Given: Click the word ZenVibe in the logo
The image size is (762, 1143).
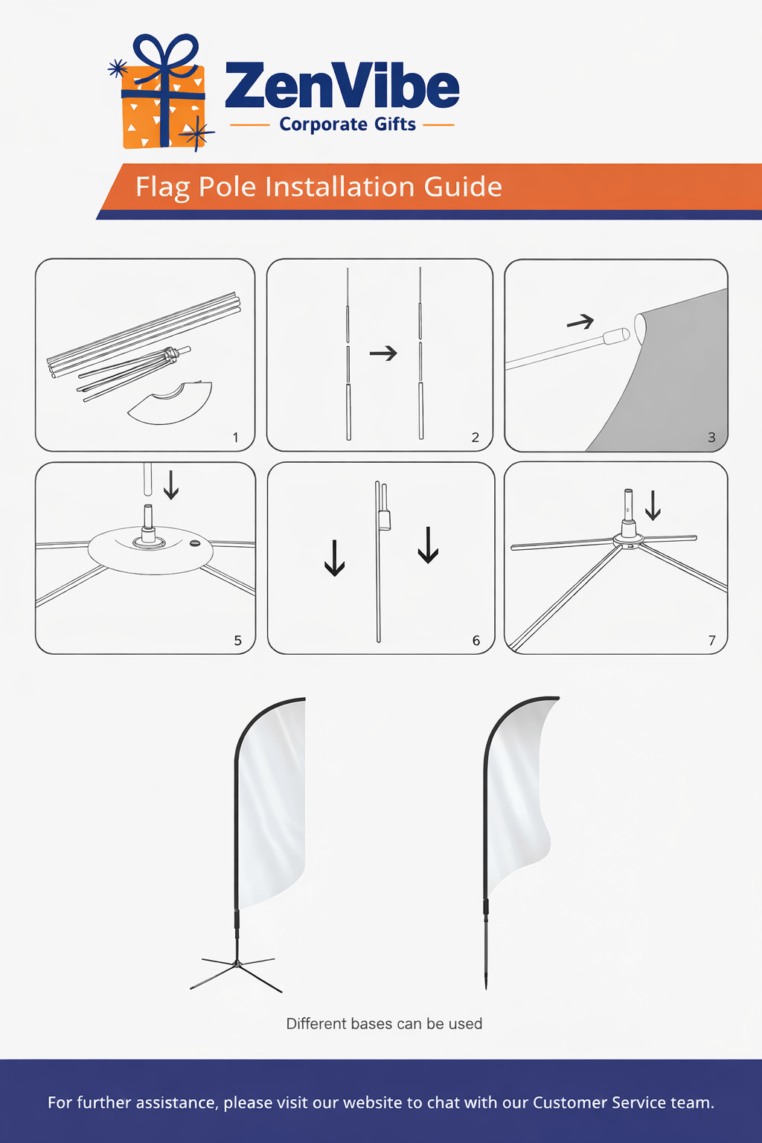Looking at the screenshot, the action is click(342, 85).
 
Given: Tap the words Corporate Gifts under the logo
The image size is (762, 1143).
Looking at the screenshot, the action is click(348, 124).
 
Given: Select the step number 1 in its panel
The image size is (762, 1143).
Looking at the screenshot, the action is click(235, 438).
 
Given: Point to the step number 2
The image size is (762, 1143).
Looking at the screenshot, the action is click(476, 438).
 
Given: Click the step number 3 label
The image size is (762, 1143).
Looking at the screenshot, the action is click(711, 438).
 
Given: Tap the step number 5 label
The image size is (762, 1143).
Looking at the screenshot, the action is click(237, 641).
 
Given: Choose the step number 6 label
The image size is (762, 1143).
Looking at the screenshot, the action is click(476, 641).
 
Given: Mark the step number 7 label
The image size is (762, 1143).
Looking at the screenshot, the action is click(712, 641).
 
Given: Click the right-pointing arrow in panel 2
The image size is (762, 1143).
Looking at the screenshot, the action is click(383, 353).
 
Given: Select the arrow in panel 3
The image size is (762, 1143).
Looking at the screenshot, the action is click(580, 321).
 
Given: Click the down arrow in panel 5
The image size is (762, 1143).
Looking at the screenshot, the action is click(171, 484).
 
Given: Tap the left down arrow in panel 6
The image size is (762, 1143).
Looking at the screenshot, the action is click(334, 558).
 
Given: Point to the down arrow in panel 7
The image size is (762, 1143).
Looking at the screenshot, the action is click(653, 505).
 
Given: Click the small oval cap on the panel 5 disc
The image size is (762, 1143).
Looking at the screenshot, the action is click(194, 543).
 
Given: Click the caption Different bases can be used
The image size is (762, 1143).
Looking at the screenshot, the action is click(384, 1024).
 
